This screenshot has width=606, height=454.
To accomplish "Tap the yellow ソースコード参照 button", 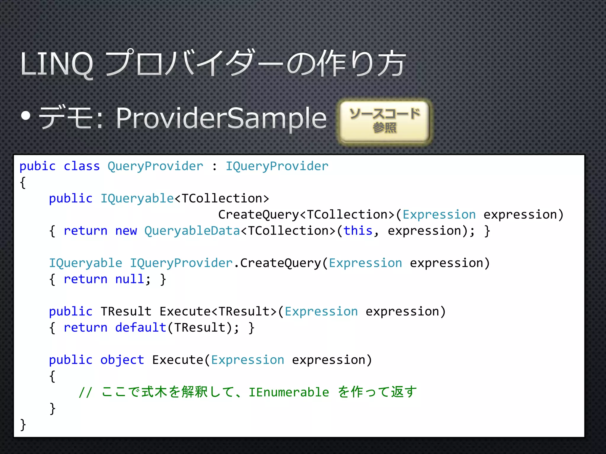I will (x=384, y=121).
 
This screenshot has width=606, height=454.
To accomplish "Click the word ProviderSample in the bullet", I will (x=221, y=118).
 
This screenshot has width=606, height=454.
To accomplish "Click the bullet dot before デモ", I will (x=26, y=116).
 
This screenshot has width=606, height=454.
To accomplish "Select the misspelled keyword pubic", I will (x=38, y=166).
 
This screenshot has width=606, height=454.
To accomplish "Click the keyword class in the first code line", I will (x=82, y=166).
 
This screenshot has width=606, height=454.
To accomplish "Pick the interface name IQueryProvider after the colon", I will (x=277, y=166).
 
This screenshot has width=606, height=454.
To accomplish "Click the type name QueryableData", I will (x=192, y=231).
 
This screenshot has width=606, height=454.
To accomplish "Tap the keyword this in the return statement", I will (x=358, y=231).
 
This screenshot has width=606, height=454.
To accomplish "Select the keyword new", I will (x=126, y=231).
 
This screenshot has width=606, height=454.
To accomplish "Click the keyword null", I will (x=130, y=279).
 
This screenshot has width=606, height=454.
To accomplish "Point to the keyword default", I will (x=141, y=328).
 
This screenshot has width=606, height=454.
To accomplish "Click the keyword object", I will (x=122, y=360).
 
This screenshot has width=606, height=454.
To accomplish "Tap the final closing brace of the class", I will (x=23, y=425).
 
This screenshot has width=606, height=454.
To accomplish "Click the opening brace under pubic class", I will (x=23, y=183).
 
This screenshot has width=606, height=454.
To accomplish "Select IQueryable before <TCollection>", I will (x=137, y=199).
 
